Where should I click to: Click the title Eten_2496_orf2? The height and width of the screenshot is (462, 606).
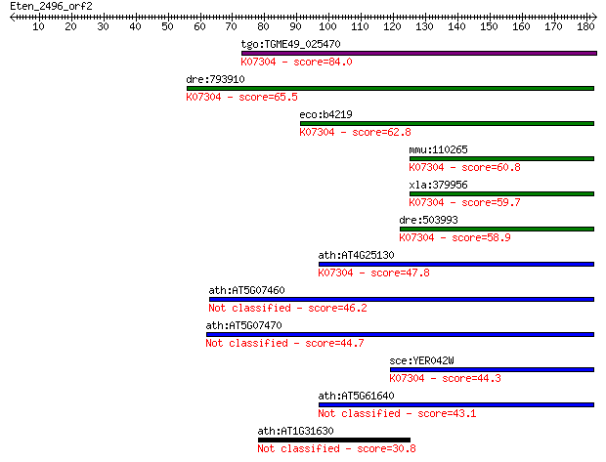(51, 7)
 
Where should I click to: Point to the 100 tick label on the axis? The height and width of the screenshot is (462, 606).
(327, 26)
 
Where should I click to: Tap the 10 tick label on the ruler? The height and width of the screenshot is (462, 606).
(38, 26)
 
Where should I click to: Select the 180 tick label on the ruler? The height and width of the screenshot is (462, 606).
(585, 26)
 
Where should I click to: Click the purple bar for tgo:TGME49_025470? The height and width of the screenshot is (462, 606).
(419, 54)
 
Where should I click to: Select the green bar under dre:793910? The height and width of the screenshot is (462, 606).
(390, 89)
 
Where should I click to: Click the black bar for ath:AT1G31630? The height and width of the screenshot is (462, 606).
(334, 440)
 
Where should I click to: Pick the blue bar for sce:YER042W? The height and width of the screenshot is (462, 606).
(492, 369)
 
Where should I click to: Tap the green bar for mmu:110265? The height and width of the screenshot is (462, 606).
(501, 159)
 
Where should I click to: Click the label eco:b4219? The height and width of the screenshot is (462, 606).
(325, 114)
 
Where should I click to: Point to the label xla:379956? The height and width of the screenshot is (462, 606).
(438, 185)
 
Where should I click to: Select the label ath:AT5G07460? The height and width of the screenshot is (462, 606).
(246, 290)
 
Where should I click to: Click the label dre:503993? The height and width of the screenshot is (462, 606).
(429, 220)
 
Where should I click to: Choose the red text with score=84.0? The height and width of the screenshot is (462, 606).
(296, 62)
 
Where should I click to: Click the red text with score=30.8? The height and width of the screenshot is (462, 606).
(336, 449)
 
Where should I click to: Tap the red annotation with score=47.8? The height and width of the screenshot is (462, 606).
(373, 273)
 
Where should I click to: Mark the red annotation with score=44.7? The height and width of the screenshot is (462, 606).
(284, 344)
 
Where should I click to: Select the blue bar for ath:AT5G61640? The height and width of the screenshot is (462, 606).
(456, 404)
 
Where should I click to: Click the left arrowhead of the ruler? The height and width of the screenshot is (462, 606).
(12, 17)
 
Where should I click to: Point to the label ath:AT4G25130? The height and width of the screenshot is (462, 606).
(356, 255)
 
